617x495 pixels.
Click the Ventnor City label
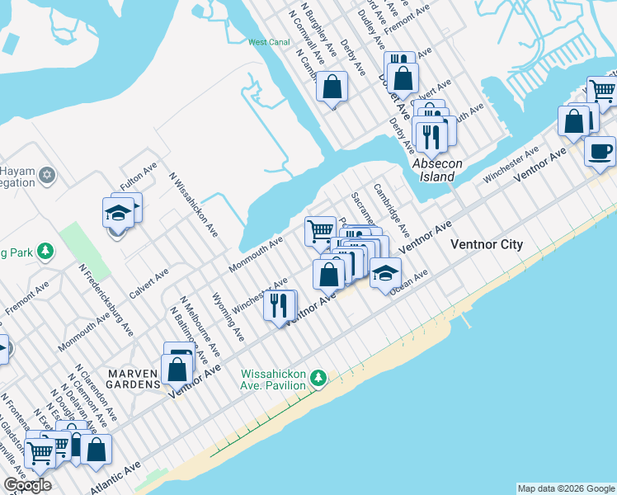click(x=487, y=244)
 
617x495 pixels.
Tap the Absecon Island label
click(x=433, y=170)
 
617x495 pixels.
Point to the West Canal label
click(x=267, y=42)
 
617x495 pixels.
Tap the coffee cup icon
click(x=600, y=152)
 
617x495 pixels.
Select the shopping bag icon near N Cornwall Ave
click(x=332, y=87)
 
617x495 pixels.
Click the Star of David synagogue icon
click(x=47, y=175)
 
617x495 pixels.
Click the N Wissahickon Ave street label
click(x=193, y=205)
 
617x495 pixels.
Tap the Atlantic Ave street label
click(x=115, y=478)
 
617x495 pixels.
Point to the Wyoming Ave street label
click(x=228, y=317)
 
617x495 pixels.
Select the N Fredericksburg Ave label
click(x=106, y=299)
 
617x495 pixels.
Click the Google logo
click(x=27, y=485)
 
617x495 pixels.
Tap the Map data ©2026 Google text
click(x=566, y=488)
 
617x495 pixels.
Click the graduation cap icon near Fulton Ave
click(x=118, y=214)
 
